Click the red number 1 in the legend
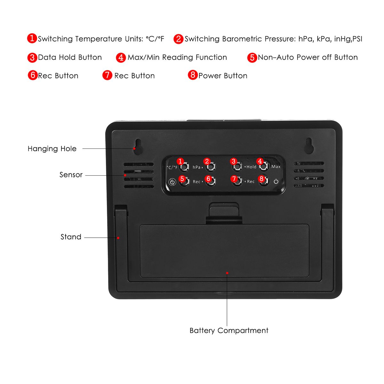tap(32, 38)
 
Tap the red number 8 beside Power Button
tap(192, 75)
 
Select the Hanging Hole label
tap(52, 148)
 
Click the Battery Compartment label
tap(229, 330)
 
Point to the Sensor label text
tap(71, 175)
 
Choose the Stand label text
tap(71, 237)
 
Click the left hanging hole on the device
tap(138, 147)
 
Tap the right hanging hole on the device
tap(309, 146)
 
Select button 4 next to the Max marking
tap(263, 166)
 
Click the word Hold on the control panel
tap(251, 167)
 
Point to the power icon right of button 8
tap(276, 181)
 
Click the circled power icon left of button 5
tap(172, 182)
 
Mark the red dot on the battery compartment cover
tap(227, 273)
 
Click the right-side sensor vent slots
tap(309, 174)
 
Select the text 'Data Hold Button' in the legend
tap(70, 57)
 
